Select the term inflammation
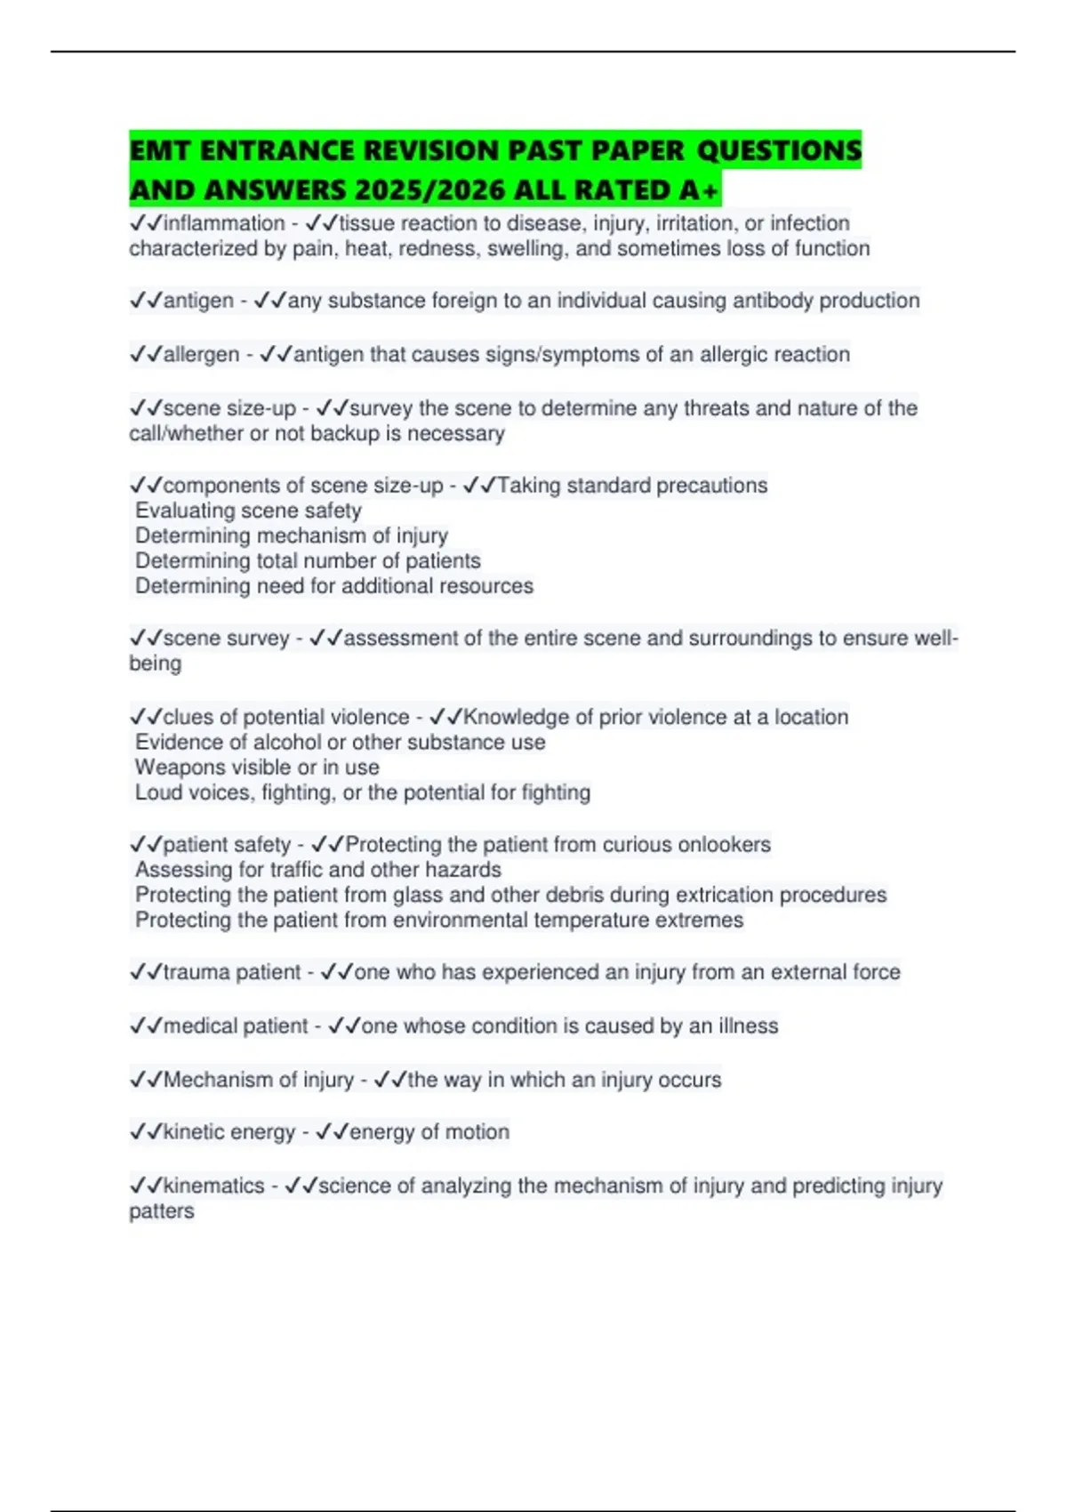click(x=224, y=223)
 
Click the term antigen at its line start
click(x=198, y=301)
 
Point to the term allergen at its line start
click(x=201, y=354)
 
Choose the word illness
click(x=748, y=1025)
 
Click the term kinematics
click(x=213, y=1186)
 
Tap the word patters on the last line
click(x=161, y=1211)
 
